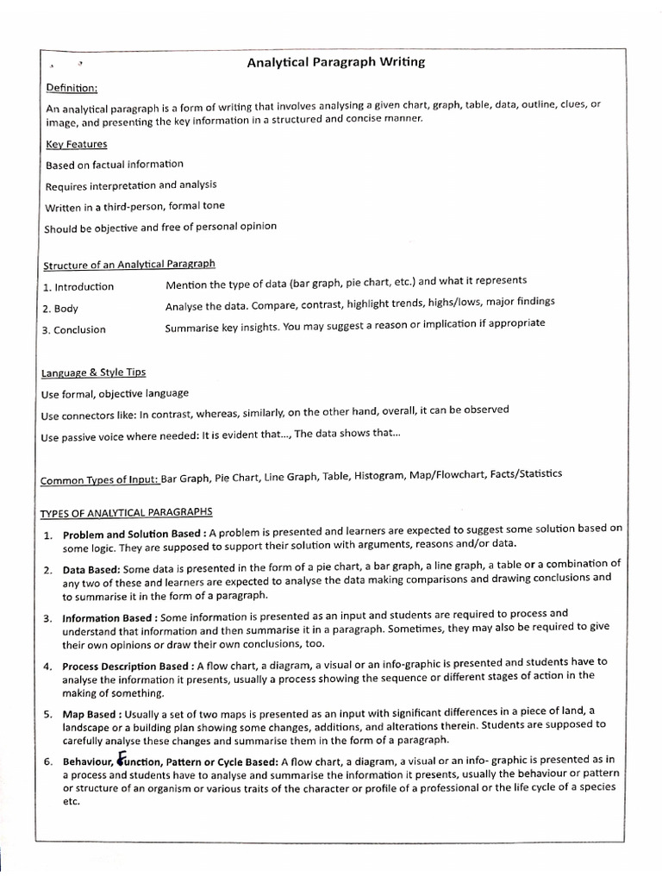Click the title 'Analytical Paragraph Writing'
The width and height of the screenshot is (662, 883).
336,63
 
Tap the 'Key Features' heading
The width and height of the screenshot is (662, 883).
76,144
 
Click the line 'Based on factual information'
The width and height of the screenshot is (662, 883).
114,164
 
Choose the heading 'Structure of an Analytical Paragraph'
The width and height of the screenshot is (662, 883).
128,264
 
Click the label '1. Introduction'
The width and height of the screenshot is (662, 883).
78,286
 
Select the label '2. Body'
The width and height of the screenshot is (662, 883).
60,308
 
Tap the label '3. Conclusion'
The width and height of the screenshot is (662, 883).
74,329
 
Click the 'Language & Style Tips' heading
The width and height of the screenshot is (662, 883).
93,373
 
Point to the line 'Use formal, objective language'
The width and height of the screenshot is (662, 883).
115,393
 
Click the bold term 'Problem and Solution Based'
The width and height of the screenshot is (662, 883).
132,535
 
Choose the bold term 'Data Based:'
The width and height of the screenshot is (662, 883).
91,570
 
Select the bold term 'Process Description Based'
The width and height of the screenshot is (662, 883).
128,666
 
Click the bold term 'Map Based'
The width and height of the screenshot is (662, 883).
91,714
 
